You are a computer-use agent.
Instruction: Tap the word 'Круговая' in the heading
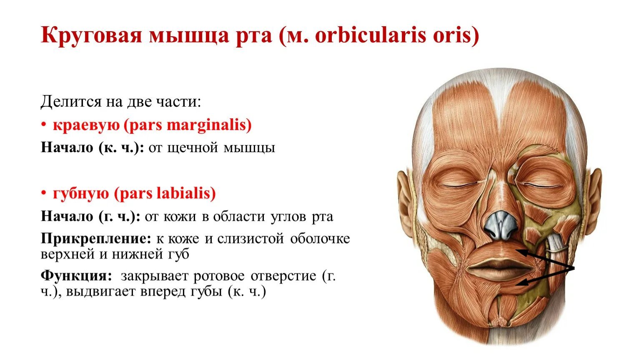point(91,36)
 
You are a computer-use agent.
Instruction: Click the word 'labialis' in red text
point(186,193)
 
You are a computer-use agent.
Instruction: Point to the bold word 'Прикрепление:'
point(96,238)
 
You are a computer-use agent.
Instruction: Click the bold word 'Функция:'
point(76,276)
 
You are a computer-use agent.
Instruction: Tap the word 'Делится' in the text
point(71,102)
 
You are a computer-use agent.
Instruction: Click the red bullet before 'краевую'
point(44,125)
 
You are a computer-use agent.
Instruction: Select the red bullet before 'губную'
point(44,193)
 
